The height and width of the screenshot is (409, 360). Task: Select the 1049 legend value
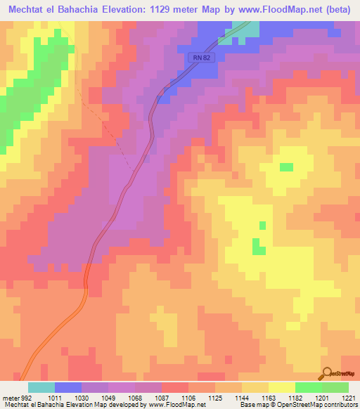[x=108, y=397]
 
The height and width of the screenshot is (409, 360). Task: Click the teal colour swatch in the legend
[x=41, y=387]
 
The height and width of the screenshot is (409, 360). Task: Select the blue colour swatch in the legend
[x=67, y=387]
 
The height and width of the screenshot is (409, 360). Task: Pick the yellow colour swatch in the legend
[x=281, y=387]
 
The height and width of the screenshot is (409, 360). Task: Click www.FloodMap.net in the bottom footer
[x=176, y=405]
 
